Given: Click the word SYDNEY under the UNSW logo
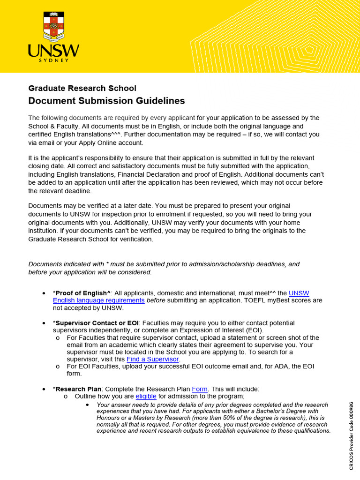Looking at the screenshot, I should point(54,60).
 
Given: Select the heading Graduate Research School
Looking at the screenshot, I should point(82,88).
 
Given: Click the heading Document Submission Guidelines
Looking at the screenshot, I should point(106,101).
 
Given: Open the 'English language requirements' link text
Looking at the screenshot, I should point(98,300).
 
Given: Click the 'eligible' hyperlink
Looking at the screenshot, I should point(146,396).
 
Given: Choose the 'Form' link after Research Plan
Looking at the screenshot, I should point(199,389).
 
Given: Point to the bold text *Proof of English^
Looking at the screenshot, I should point(82,293).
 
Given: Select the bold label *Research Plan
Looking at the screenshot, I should point(77,389).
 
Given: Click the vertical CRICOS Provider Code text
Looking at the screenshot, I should point(351,435).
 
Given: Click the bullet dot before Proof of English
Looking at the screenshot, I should point(44,293).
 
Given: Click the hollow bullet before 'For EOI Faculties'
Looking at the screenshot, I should point(57,367).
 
